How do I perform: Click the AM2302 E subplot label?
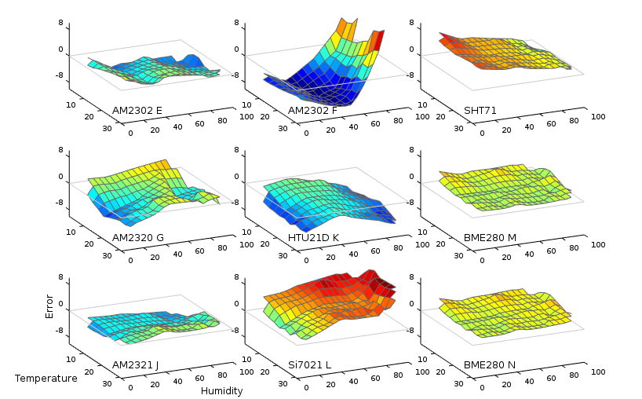137,110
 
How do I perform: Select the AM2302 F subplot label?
312,110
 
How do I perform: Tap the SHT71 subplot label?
480,110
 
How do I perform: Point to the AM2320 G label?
138,237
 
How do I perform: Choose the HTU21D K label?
313,237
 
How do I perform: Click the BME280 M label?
491,237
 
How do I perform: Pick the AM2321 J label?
137,364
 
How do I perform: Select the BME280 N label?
490,364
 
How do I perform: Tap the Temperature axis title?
46,379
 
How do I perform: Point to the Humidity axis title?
221,390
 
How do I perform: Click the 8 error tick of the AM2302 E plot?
60,24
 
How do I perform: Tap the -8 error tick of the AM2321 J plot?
59,330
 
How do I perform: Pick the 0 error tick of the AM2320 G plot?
60,177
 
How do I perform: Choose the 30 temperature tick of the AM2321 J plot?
108,383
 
